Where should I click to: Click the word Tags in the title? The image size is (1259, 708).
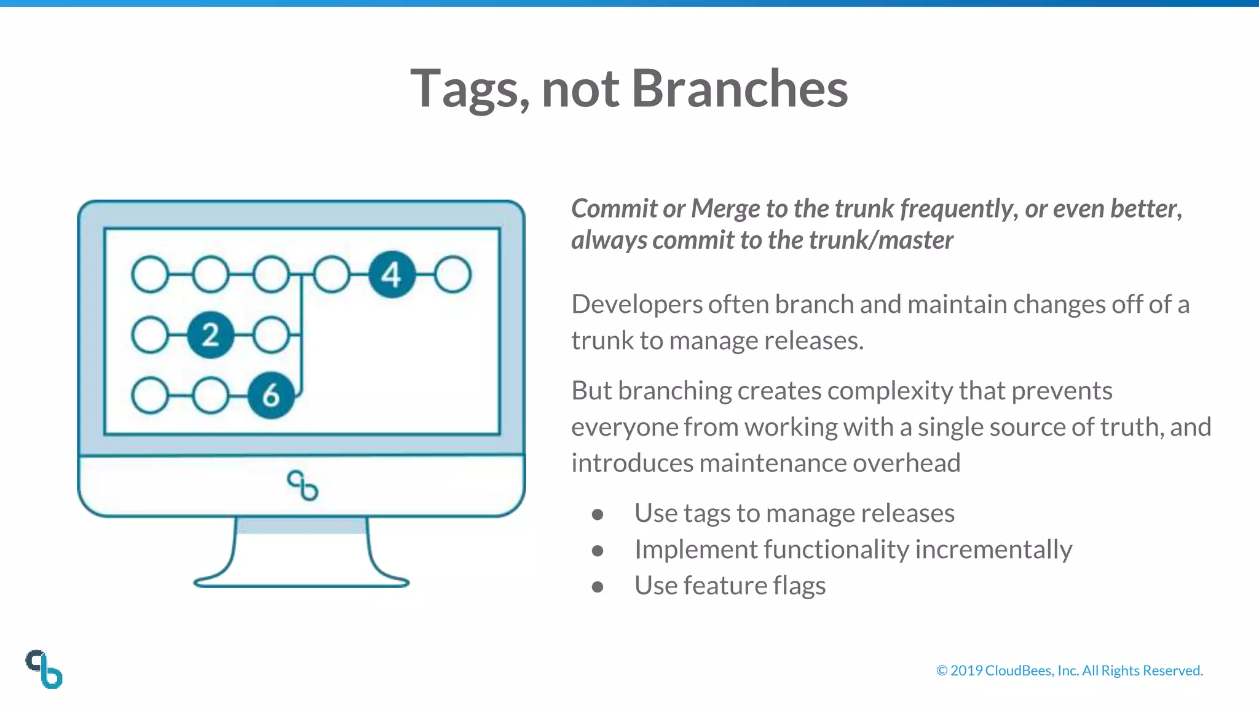pyautogui.click(x=468, y=90)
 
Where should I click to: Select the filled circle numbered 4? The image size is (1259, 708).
pyautogui.click(x=392, y=275)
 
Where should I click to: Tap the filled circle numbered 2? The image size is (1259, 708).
pyautogui.click(x=210, y=335)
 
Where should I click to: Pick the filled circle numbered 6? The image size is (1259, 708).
pyautogui.click(x=270, y=395)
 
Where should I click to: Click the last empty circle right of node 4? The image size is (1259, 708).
pyautogui.click(x=453, y=275)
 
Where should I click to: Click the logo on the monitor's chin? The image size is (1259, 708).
pyautogui.click(x=302, y=486)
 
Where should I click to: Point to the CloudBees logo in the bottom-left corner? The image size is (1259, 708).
pyautogui.click(x=44, y=669)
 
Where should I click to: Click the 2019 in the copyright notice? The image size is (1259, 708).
pyautogui.click(x=966, y=671)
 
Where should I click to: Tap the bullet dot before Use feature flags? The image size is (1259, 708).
pyautogui.click(x=597, y=587)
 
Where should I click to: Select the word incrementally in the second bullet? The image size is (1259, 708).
pyautogui.click(x=993, y=549)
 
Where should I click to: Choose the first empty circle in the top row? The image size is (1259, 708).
pyautogui.click(x=150, y=275)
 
